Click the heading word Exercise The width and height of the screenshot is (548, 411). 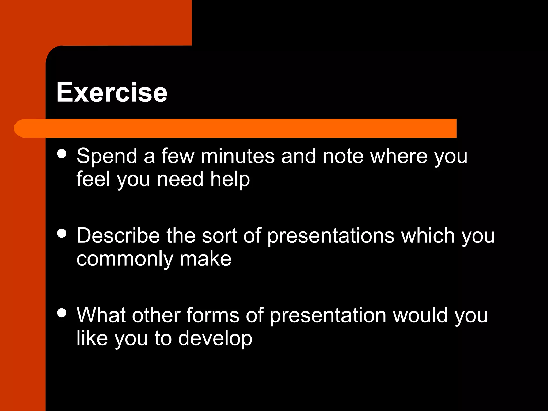(x=112, y=92)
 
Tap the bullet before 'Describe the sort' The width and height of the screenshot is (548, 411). (x=62, y=233)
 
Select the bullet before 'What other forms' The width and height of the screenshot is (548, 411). (x=62, y=313)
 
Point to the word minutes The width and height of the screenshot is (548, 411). (x=238, y=156)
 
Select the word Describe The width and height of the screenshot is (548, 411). (x=118, y=236)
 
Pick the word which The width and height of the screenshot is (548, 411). (x=428, y=236)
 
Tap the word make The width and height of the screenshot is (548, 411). (x=205, y=259)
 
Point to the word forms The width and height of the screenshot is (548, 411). (x=213, y=315)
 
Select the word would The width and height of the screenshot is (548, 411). (x=420, y=315)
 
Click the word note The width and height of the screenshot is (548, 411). (x=343, y=156)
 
